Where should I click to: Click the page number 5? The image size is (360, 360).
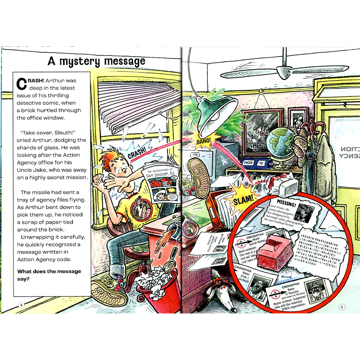tap(342, 307)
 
